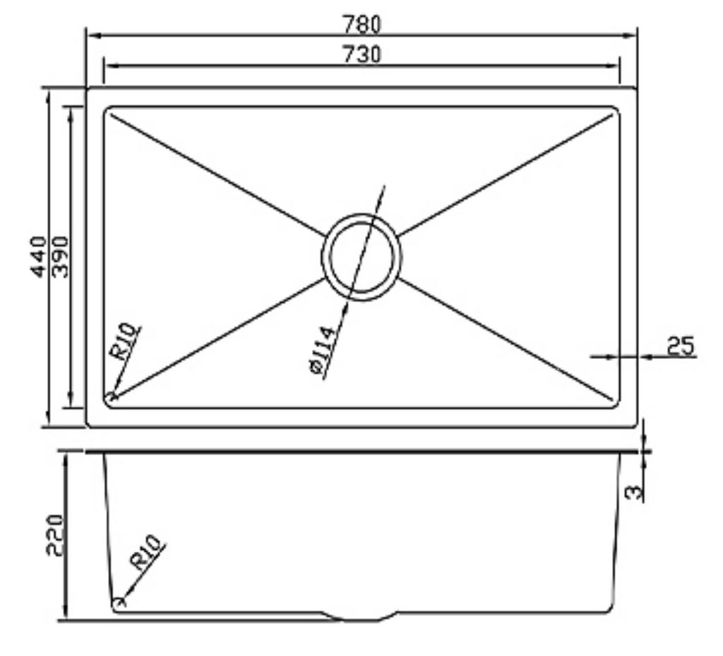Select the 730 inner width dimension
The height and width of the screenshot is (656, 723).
361,54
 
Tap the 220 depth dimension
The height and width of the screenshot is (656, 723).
55,535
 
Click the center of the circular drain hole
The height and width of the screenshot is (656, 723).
361,256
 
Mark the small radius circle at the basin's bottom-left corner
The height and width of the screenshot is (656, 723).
111,396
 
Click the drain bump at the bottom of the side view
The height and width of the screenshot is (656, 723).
361,618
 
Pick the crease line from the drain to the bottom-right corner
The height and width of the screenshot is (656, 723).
506,339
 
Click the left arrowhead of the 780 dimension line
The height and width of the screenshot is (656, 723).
92,34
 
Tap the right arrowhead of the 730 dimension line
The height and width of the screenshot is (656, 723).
614,65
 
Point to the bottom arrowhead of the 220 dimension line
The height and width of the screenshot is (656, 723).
66,615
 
